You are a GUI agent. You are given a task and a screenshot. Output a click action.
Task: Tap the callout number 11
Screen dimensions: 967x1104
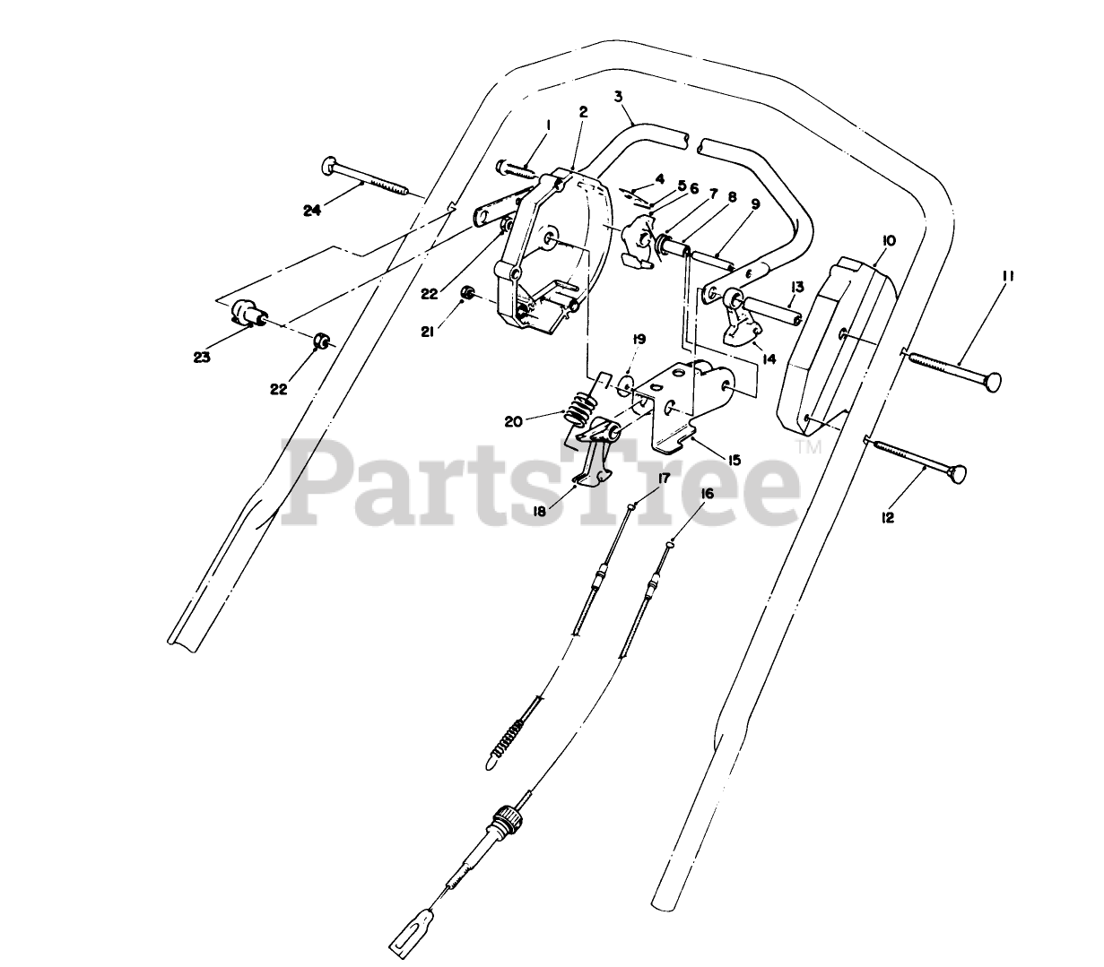pos(1005,278)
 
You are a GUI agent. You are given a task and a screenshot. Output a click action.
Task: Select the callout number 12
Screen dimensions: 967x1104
pos(889,517)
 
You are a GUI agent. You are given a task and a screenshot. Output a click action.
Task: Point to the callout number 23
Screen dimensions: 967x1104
pos(202,357)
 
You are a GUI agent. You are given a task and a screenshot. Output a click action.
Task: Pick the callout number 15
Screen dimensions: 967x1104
pos(735,460)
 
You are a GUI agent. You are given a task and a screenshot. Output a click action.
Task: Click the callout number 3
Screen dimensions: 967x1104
pos(618,96)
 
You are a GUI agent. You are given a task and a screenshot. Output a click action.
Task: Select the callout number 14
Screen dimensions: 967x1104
pos(768,359)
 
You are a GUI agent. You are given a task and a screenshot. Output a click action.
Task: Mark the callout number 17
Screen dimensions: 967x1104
pos(664,479)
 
